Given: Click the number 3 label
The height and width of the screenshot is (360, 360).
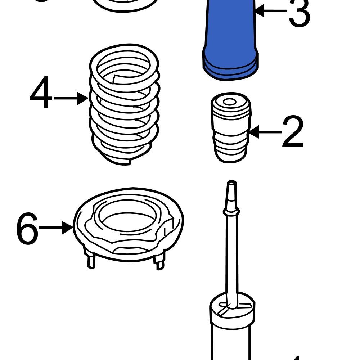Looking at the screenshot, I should click(299, 13).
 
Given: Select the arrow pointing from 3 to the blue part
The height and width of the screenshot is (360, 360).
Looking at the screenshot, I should click(270, 11).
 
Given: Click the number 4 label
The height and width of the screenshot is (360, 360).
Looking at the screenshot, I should click(41, 93).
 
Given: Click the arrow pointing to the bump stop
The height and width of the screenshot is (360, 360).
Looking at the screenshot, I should click(265, 132).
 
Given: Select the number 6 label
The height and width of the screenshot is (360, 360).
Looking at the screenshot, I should click(27, 229).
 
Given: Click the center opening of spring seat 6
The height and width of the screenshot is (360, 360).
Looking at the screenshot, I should click(128, 216).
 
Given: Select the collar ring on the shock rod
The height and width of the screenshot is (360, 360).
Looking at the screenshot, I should click(231, 212).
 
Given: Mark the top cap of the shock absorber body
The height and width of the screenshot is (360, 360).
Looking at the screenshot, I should click(232, 306).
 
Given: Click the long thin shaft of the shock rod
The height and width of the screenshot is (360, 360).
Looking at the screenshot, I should click(232, 259).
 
